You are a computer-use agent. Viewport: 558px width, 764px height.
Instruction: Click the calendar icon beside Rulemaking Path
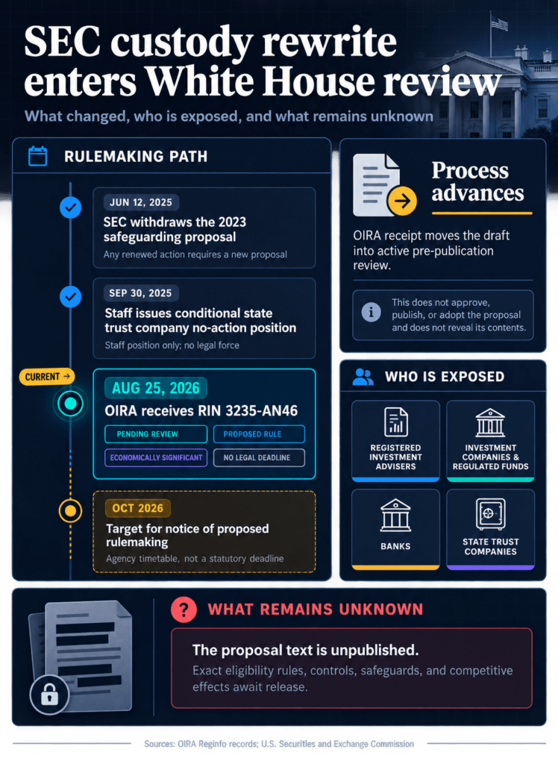click(x=37, y=157)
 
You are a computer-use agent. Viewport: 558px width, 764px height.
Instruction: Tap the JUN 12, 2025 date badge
click(x=141, y=202)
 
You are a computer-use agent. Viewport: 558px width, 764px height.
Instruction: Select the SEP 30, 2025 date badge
click(x=140, y=292)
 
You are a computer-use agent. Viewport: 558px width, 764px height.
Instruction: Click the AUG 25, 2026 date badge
click(x=155, y=388)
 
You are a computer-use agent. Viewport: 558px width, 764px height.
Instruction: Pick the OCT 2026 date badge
click(x=137, y=508)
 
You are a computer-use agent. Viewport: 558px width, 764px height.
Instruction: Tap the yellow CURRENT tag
click(x=47, y=377)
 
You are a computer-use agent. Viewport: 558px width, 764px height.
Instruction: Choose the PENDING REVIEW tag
click(x=156, y=433)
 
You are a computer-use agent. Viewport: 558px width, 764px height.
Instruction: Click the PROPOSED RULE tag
click(x=259, y=433)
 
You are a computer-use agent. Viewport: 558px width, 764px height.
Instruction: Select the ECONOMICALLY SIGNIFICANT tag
click(x=156, y=457)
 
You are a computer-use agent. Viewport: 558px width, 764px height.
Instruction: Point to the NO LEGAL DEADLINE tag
click(x=259, y=457)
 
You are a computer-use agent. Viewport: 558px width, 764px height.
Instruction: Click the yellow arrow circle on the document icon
click(x=402, y=200)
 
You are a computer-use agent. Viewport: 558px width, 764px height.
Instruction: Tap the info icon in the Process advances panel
click(x=371, y=311)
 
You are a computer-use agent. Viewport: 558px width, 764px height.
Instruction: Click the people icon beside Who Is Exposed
click(x=363, y=377)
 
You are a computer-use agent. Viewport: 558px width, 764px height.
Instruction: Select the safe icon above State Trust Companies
click(x=490, y=513)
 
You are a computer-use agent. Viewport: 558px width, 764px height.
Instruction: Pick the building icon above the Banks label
click(x=395, y=515)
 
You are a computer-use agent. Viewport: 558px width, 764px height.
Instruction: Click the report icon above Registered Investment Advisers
click(x=395, y=422)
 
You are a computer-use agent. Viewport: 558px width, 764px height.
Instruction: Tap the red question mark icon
click(x=184, y=609)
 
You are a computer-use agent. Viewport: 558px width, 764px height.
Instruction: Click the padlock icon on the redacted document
click(x=49, y=695)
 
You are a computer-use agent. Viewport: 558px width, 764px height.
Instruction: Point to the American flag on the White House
click(x=499, y=22)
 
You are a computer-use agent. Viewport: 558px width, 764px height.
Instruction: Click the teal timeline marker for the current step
click(x=71, y=404)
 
